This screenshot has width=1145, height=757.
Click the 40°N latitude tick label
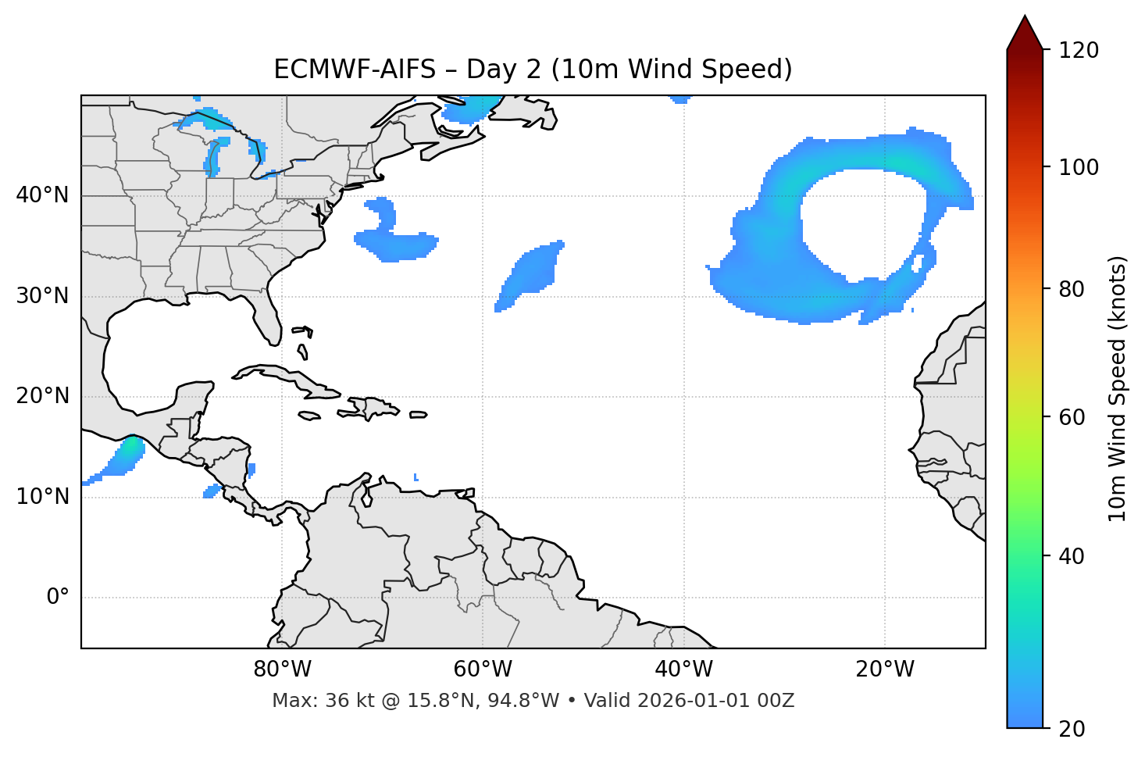click(42, 195)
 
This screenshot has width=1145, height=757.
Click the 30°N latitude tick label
click(42, 296)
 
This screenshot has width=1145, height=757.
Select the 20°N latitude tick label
click(42, 396)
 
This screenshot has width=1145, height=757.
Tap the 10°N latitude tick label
click(42, 497)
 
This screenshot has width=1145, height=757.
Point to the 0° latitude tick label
click(57, 598)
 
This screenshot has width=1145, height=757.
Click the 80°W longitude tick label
click(282, 670)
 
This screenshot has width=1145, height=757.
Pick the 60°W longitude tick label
click(483, 670)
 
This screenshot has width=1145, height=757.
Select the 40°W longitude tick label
click(683, 670)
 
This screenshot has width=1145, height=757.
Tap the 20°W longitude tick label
click(884, 670)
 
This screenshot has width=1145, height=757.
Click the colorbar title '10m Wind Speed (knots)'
click(1118, 388)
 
